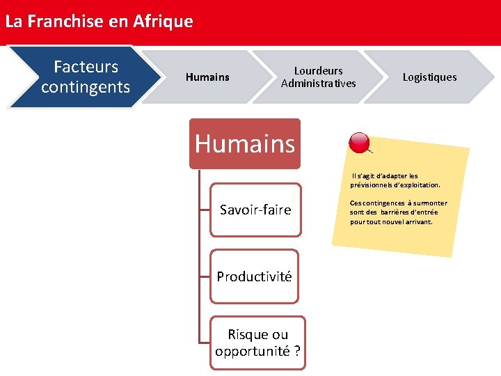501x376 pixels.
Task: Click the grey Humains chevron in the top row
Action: [x=207, y=77]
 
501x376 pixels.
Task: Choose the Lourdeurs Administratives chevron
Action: [x=318, y=77]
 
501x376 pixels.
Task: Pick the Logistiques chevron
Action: [x=429, y=77]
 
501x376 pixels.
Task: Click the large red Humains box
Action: [x=245, y=144]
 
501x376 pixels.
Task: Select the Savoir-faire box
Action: [x=255, y=210]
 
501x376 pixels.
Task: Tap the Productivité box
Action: [x=254, y=276]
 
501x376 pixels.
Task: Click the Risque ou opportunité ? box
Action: [x=257, y=343]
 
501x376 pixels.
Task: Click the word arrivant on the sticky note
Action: [x=417, y=221]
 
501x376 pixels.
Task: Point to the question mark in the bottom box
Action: [x=297, y=351]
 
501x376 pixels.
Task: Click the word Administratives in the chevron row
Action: [x=318, y=84]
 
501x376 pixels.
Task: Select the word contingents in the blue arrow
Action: [x=86, y=87]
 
